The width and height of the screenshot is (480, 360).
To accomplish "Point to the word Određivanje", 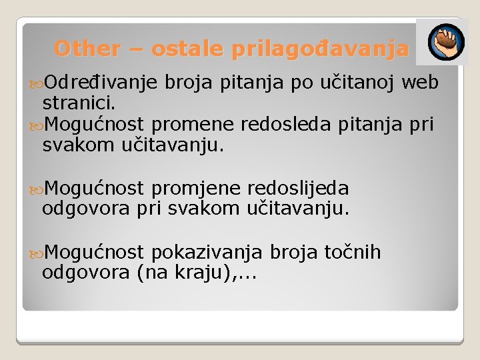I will click(x=100, y=83).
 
